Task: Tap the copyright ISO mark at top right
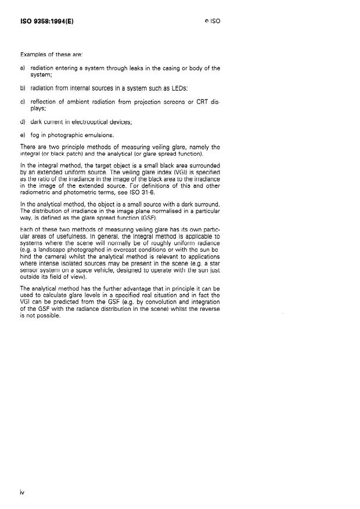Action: [x=213, y=21]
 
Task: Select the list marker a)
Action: [x=23, y=68]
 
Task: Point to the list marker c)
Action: [x=23, y=102]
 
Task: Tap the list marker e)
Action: [x=23, y=135]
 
